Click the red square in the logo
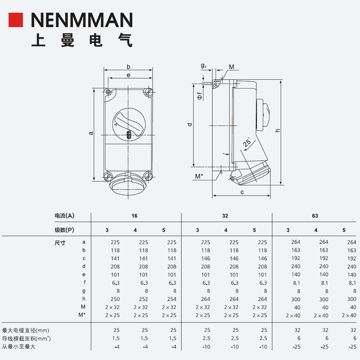coord(16,20)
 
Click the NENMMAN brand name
coord(82,20)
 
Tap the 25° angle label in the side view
coord(247,142)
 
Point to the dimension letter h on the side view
coord(278,130)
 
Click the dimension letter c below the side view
coord(242,192)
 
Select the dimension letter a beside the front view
coord(91,133)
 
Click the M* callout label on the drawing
coord(199,176)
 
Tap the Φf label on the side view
coord(200,96)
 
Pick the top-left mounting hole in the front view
coord(108,92)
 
